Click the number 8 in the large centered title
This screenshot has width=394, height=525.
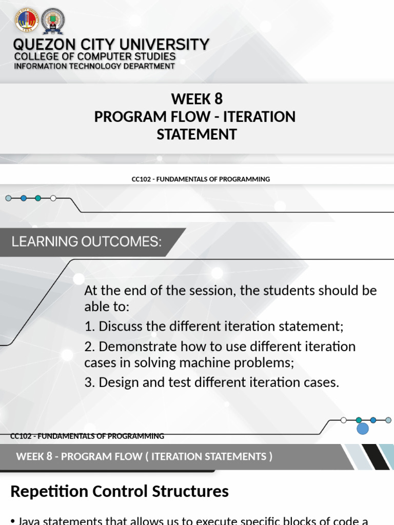[219, 98]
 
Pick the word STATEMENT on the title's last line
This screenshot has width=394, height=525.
[196, 134]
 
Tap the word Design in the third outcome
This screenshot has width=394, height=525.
[117, 382]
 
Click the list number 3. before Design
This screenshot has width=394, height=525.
[89, 382]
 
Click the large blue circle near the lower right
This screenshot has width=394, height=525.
[363, 428]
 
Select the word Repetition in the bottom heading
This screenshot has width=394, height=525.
[50, 491]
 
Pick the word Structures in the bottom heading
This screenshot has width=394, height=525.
[190, 491]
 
